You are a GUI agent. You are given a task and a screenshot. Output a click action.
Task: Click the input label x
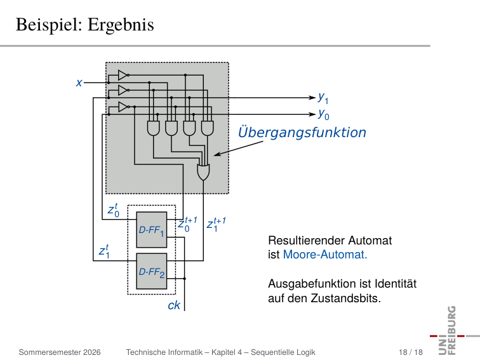pyautogui.click(x=79, y=83)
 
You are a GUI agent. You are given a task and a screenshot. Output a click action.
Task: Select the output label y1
pyautogui.click(x=323, y=98)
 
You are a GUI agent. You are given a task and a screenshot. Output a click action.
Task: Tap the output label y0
pyautogui.click(x=323, y=114)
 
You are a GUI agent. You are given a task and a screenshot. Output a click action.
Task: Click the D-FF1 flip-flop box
pyautogui.click(x=152, y=230)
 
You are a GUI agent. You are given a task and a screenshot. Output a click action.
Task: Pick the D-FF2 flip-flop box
pyautogui.click(x=152, y=271)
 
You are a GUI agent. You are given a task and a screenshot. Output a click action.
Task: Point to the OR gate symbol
pyautogui.click(x=203, y=172)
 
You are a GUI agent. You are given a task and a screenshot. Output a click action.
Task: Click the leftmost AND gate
pyautogui.click(x=154, y=128)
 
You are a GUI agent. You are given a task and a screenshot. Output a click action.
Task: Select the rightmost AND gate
pyautogui.click(x=207, y=128)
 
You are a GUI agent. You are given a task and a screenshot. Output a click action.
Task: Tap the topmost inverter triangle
pyautogui.click(x=123, y=75)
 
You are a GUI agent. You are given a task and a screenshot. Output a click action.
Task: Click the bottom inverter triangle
pyautogui.click(x=123, y=107)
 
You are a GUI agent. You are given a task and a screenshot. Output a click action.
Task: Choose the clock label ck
pyautogui.click(x=174, y=305)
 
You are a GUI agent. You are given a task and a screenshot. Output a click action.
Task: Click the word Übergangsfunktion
pyautogui.click(x=302, y=132)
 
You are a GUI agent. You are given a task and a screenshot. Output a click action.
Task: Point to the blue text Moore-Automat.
pyautogui.click(x=325, y=255)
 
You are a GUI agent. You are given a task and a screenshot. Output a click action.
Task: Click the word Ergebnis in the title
pyautogui.click(x=121, y=25)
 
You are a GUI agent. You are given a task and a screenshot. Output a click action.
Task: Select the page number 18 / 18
pyautogui.click(x=411, y=352)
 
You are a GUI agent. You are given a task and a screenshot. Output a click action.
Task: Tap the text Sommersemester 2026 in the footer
pyautogui.click(x=60, y=352)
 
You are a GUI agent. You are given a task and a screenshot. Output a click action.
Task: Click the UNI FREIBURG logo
pyautogui.click(x=451, y=330)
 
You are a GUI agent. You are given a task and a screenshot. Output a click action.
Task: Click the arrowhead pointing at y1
pyautogui.click(x=312, y=98)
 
